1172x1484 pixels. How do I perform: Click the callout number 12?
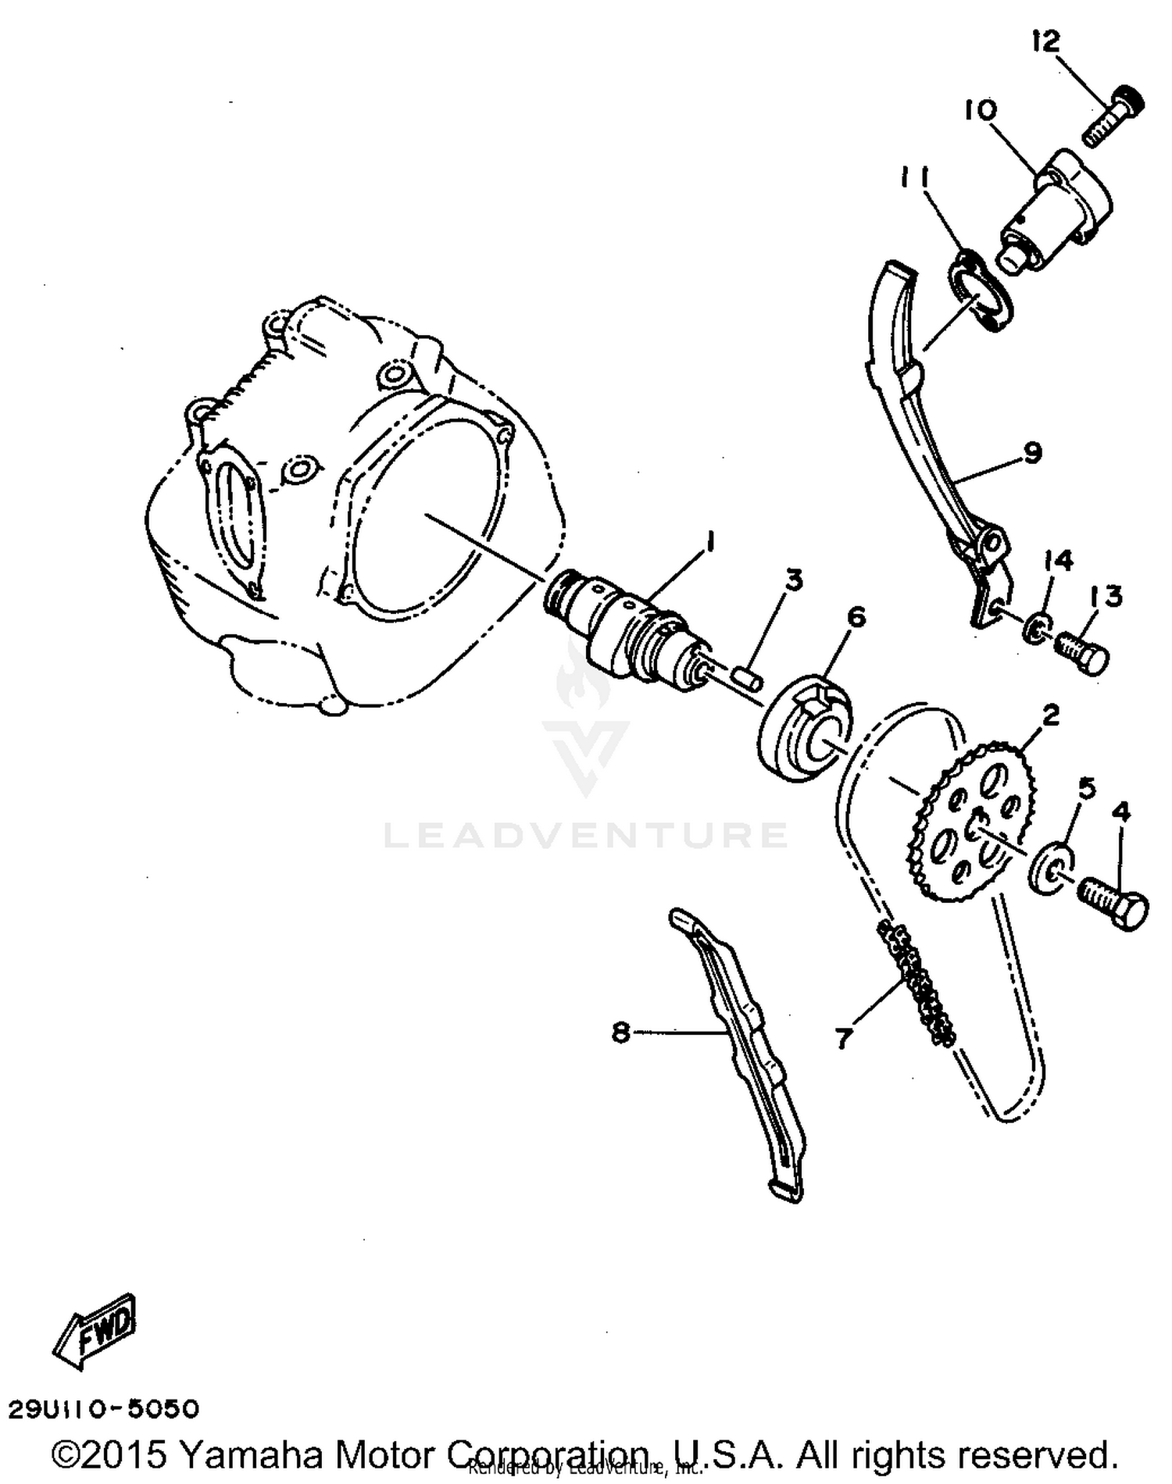1045,41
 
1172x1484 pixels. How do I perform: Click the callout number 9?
1032,451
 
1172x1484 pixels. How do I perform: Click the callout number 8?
620,1033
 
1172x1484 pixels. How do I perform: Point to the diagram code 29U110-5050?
103,1408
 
